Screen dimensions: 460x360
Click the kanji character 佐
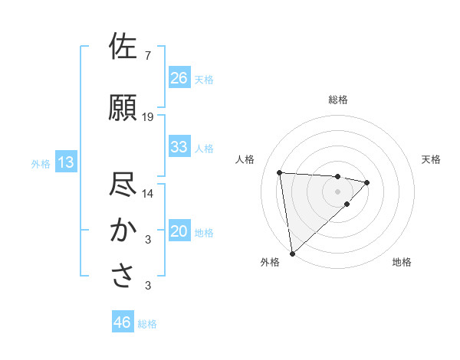[x=123, y=47]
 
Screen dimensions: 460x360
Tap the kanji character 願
[x=123, y=107]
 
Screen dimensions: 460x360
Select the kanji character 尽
[x=123, y=185]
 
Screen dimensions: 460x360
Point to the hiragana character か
[x=123, y=230]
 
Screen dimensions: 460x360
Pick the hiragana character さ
[x=123, y=276]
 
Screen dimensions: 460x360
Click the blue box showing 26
[x=179, y=78]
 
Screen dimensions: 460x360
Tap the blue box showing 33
[x=179, y=147]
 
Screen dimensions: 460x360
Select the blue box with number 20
[x=179, y=232]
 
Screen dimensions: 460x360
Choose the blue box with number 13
[x=65, y=162]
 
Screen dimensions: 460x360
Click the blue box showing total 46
[x=123, y=322]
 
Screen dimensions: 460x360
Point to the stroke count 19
[x=148, y=117]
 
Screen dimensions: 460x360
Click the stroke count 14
[x=148, y=194]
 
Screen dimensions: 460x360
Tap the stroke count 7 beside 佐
[x=147, y=56]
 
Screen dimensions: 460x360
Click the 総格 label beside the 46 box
[x=147, y=324]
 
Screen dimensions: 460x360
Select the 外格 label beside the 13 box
[x=41, y=163]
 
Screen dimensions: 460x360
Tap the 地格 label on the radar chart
[x=402, y=262]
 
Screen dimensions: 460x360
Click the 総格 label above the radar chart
[x=338, y=100]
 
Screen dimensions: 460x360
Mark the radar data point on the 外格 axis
[x=291, y=253]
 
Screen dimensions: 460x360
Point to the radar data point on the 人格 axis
[x=280, y=172]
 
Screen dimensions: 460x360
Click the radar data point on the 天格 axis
[x=367, y=182]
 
